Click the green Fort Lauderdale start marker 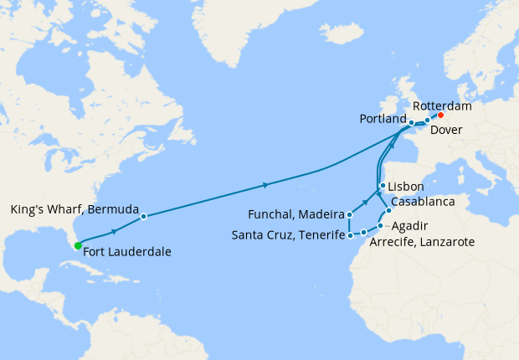pyautogui.click(x=77, y=245)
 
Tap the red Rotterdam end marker pyautogui.click(x=440, y=116)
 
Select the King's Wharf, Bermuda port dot pyautogui.click(x=143, y=216)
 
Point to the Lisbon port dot pyautogui.click(x=382, y=186)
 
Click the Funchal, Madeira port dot pyautogui.click(x=349, y=215)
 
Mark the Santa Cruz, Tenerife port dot pyautogui.click(x=349, y=236)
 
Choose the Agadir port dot pyautogui.click(x=380, y=225)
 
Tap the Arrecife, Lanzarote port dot pyautogui.click(x=363, y=231)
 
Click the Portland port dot pyautogui.click(x=411, y=123)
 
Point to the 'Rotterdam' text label pyautogui.click(x=442, y=106)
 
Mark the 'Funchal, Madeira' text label pyautogui.click(x=297, y=215)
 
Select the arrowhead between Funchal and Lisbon pyautogui.click(x=367, y=202)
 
